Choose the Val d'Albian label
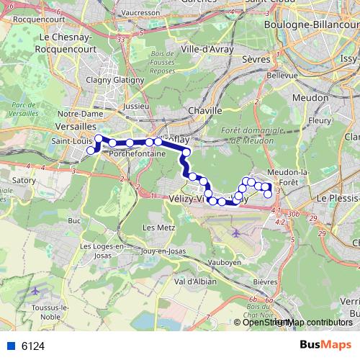pyautogui.click(x=195, y=282)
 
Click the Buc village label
pyautogui.click(x=73, y=220)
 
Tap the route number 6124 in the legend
pyautogui.click(x=33, y=346)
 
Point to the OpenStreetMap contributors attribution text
pyautogui.click(x=297, y=323)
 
